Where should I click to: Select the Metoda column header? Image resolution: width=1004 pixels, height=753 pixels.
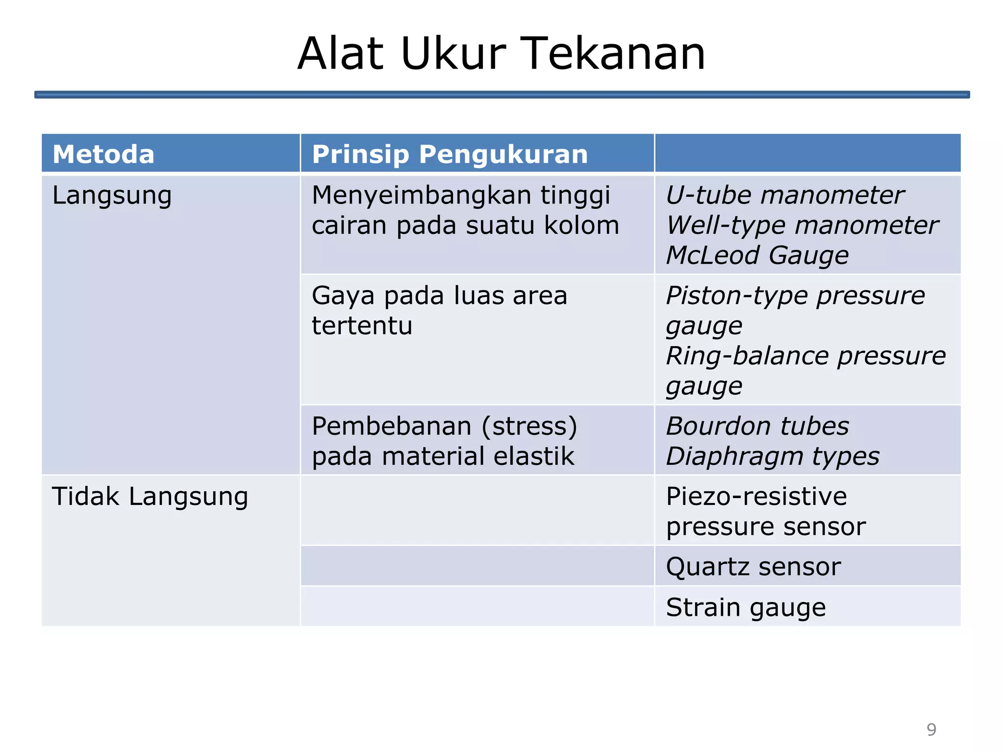click(x=103, y=154)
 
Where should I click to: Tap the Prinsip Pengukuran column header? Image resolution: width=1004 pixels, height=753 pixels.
click(x=450, y=154)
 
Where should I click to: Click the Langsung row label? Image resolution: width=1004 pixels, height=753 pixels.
click(x=112, y=195)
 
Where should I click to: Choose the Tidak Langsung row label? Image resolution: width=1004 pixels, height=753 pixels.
click(x=150, y=496)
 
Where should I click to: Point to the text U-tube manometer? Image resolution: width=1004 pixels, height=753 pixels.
click(x=784, y=195)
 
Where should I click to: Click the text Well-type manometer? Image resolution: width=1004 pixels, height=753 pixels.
click(x=802, y=226)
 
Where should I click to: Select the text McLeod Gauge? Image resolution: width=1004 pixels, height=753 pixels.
click(x=757, y=255)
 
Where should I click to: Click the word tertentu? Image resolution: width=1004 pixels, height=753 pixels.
click(x=362, y=326)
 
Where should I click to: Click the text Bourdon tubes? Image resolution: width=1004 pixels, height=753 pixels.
click(x=757, y=426)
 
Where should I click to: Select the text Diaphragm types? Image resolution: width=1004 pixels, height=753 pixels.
click(x=773, y=456)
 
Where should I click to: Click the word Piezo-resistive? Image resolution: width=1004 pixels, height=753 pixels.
click(x=756, y=496)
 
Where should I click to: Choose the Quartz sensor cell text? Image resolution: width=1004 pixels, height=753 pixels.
click(x=753, y=567)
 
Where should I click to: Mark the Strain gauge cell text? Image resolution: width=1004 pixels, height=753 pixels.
click(x=746, y=607)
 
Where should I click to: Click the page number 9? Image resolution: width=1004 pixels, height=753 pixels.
click(x=931, y=729)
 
